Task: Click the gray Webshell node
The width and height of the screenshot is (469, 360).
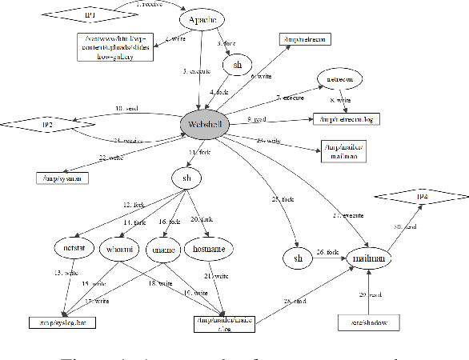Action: [206, 124]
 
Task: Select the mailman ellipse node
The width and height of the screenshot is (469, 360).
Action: [367, 258]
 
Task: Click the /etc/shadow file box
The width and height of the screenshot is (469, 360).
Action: [367, 322]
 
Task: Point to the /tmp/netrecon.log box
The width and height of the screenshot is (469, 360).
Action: [347, 118]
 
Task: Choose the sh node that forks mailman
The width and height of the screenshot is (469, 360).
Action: [297, 258]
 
